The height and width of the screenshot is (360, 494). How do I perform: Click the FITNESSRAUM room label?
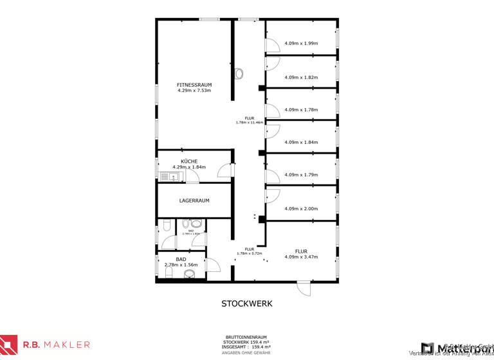click(x=194, y=85)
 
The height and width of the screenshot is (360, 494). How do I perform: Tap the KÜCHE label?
click(x=189, y=161)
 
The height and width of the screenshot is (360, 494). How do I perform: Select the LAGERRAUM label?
click(x=194, y=201)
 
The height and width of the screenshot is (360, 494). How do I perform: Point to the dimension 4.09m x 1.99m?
click(x=301, y=44)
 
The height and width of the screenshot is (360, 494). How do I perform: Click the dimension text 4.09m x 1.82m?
click(x=301, y=77)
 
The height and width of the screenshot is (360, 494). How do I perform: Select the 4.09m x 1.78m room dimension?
click(x=301, y=109)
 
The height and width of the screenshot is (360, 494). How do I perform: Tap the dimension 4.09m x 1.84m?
click(x=301, y=142)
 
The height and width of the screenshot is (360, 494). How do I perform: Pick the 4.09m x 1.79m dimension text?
click(x=301, y=174)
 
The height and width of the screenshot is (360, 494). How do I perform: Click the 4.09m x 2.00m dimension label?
click(x=301, y=208)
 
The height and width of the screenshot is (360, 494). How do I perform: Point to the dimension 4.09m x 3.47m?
click(x=301, y=257)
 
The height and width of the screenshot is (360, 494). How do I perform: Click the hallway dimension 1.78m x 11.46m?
click(x=250, y=122)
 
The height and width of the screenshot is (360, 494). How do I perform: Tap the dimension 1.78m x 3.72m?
click(x=250, y=253)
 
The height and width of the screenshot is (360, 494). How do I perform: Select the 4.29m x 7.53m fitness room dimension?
click(x=194, y=91)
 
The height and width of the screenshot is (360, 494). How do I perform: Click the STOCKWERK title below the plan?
click(x=247, y=303)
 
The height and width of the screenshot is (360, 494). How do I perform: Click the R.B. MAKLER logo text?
click(x=57, y=345)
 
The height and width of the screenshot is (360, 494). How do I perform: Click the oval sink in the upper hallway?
click(x=240, y=73)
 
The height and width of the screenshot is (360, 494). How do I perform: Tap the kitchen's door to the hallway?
click(x=225, y=170)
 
